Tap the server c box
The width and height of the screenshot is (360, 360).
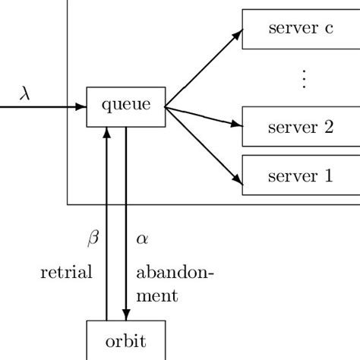(x=301, y=30)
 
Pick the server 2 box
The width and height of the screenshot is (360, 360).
(x=301, y=127)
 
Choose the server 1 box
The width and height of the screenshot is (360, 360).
(x=301, y=175)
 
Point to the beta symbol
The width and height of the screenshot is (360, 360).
(x=93, y=238)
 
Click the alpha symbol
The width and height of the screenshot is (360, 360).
(x=142, y=238)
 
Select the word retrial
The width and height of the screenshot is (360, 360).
(x=66, y=272)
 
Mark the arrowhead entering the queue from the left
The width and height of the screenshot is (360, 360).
(x=81, y=107)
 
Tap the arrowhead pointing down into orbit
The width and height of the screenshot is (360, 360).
(x=125, y=315)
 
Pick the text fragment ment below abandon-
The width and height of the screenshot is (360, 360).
(x=157, y=295)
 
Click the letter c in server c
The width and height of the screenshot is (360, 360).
(x=328, y=30)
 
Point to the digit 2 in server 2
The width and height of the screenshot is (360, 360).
(x=328, y=127)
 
